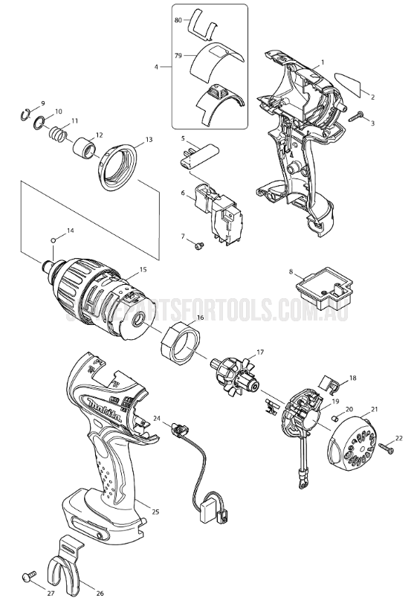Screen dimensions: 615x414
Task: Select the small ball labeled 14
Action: click(54, 239)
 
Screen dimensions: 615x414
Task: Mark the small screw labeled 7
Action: click(198, 244)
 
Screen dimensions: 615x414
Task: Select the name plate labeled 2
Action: click(350, 83)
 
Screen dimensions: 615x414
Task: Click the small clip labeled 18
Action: click(331, 385)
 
